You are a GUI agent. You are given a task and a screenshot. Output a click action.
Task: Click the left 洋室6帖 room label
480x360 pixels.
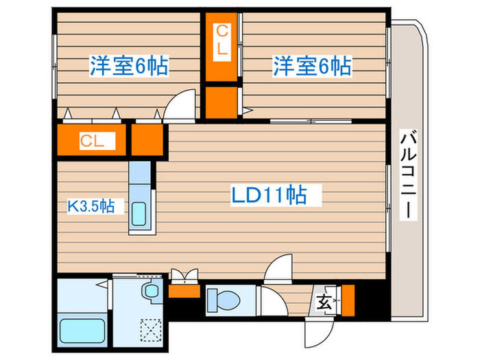(129, 67)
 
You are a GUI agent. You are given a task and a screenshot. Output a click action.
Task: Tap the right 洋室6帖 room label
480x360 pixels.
(312, 67)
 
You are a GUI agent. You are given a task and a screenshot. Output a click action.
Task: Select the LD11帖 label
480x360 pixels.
(276, 195)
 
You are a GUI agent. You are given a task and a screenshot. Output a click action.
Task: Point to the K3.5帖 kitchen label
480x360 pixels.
(95, 205)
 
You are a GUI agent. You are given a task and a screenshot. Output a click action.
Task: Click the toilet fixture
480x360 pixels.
(224, 299)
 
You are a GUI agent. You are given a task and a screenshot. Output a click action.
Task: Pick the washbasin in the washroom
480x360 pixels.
(149, 292)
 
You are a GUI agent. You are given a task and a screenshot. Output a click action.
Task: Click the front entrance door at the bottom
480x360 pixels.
(317, 332)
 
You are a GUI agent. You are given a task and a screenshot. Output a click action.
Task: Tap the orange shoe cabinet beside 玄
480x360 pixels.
(348, 299)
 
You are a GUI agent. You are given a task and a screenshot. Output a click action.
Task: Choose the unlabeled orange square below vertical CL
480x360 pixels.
(221, 100)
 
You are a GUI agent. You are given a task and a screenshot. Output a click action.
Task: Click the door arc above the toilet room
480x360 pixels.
(278, 268)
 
